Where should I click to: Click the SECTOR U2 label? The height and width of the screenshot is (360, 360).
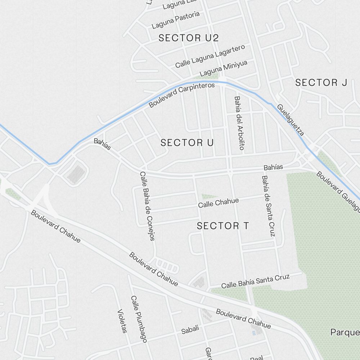[x=189, y=38]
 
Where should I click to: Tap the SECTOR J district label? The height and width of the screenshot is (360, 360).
[x=321, y=82]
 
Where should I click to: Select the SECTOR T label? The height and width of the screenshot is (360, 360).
[x=223, y=226]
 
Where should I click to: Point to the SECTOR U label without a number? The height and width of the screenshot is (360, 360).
[x=187, y=143]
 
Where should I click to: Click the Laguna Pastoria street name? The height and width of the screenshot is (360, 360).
[x=176, y=20]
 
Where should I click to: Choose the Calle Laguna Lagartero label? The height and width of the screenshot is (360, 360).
[x=210, y=56]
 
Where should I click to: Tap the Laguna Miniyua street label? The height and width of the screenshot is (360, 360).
[x=224, y=68]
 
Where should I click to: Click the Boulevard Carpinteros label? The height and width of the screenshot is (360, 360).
[x=182, y=95]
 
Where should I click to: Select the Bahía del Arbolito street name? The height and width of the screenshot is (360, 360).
[x=239, y=123]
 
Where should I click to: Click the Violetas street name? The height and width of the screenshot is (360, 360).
[x=122, y=321]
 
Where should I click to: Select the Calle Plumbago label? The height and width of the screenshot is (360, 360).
[x=139, y=319]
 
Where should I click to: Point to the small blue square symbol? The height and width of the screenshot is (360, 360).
[x=254, y=333]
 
